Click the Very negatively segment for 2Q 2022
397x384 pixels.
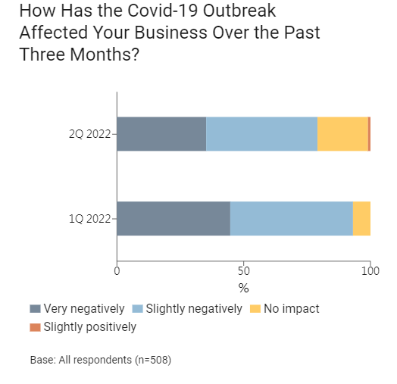point(161,134)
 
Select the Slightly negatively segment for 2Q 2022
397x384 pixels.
point(262,134)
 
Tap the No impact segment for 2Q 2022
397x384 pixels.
point(342,134)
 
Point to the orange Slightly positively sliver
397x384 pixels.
point(370,134)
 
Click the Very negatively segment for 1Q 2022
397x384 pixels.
point(173,218)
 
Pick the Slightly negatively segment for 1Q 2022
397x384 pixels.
point(292,218)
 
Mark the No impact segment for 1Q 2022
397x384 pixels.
point(362,218)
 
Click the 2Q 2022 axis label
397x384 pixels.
point(90,134)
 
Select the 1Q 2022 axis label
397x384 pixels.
point(90,218)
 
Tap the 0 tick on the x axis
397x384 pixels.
point(117,271)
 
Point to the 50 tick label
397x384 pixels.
point(243,271)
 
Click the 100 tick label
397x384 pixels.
point(370,271)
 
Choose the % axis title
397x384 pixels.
point(243,288)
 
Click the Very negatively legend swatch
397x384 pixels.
point(35,309)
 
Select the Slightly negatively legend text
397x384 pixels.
point(194,309)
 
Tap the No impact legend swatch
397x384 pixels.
point(255,309)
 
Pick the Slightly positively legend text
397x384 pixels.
point(90,326)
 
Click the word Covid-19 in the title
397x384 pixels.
point(162,11)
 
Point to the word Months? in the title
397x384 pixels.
point(105,55)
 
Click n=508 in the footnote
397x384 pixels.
point(153,360)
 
